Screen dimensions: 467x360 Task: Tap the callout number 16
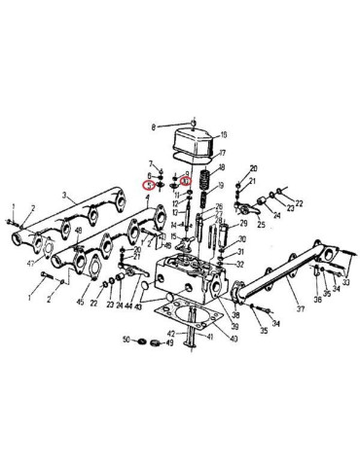point(223,134)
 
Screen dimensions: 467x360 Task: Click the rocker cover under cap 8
point(194,140)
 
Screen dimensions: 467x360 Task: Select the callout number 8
point(153,127)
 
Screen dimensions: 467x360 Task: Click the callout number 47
point(32,264)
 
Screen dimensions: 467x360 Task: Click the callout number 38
point(235,316)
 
